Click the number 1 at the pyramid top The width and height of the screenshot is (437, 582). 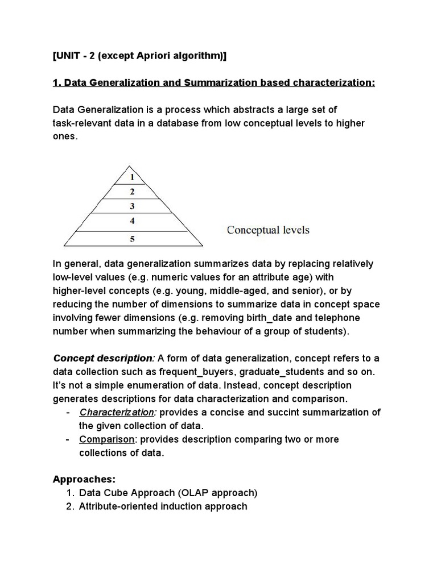(132, 177)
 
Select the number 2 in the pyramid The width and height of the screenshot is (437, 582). (132, 191)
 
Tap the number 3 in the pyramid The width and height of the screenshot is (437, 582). (132, 206)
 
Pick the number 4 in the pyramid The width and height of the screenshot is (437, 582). (132, 221)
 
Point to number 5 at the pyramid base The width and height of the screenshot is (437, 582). (132, 239)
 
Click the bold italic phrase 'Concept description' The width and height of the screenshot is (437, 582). (103, 358)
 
